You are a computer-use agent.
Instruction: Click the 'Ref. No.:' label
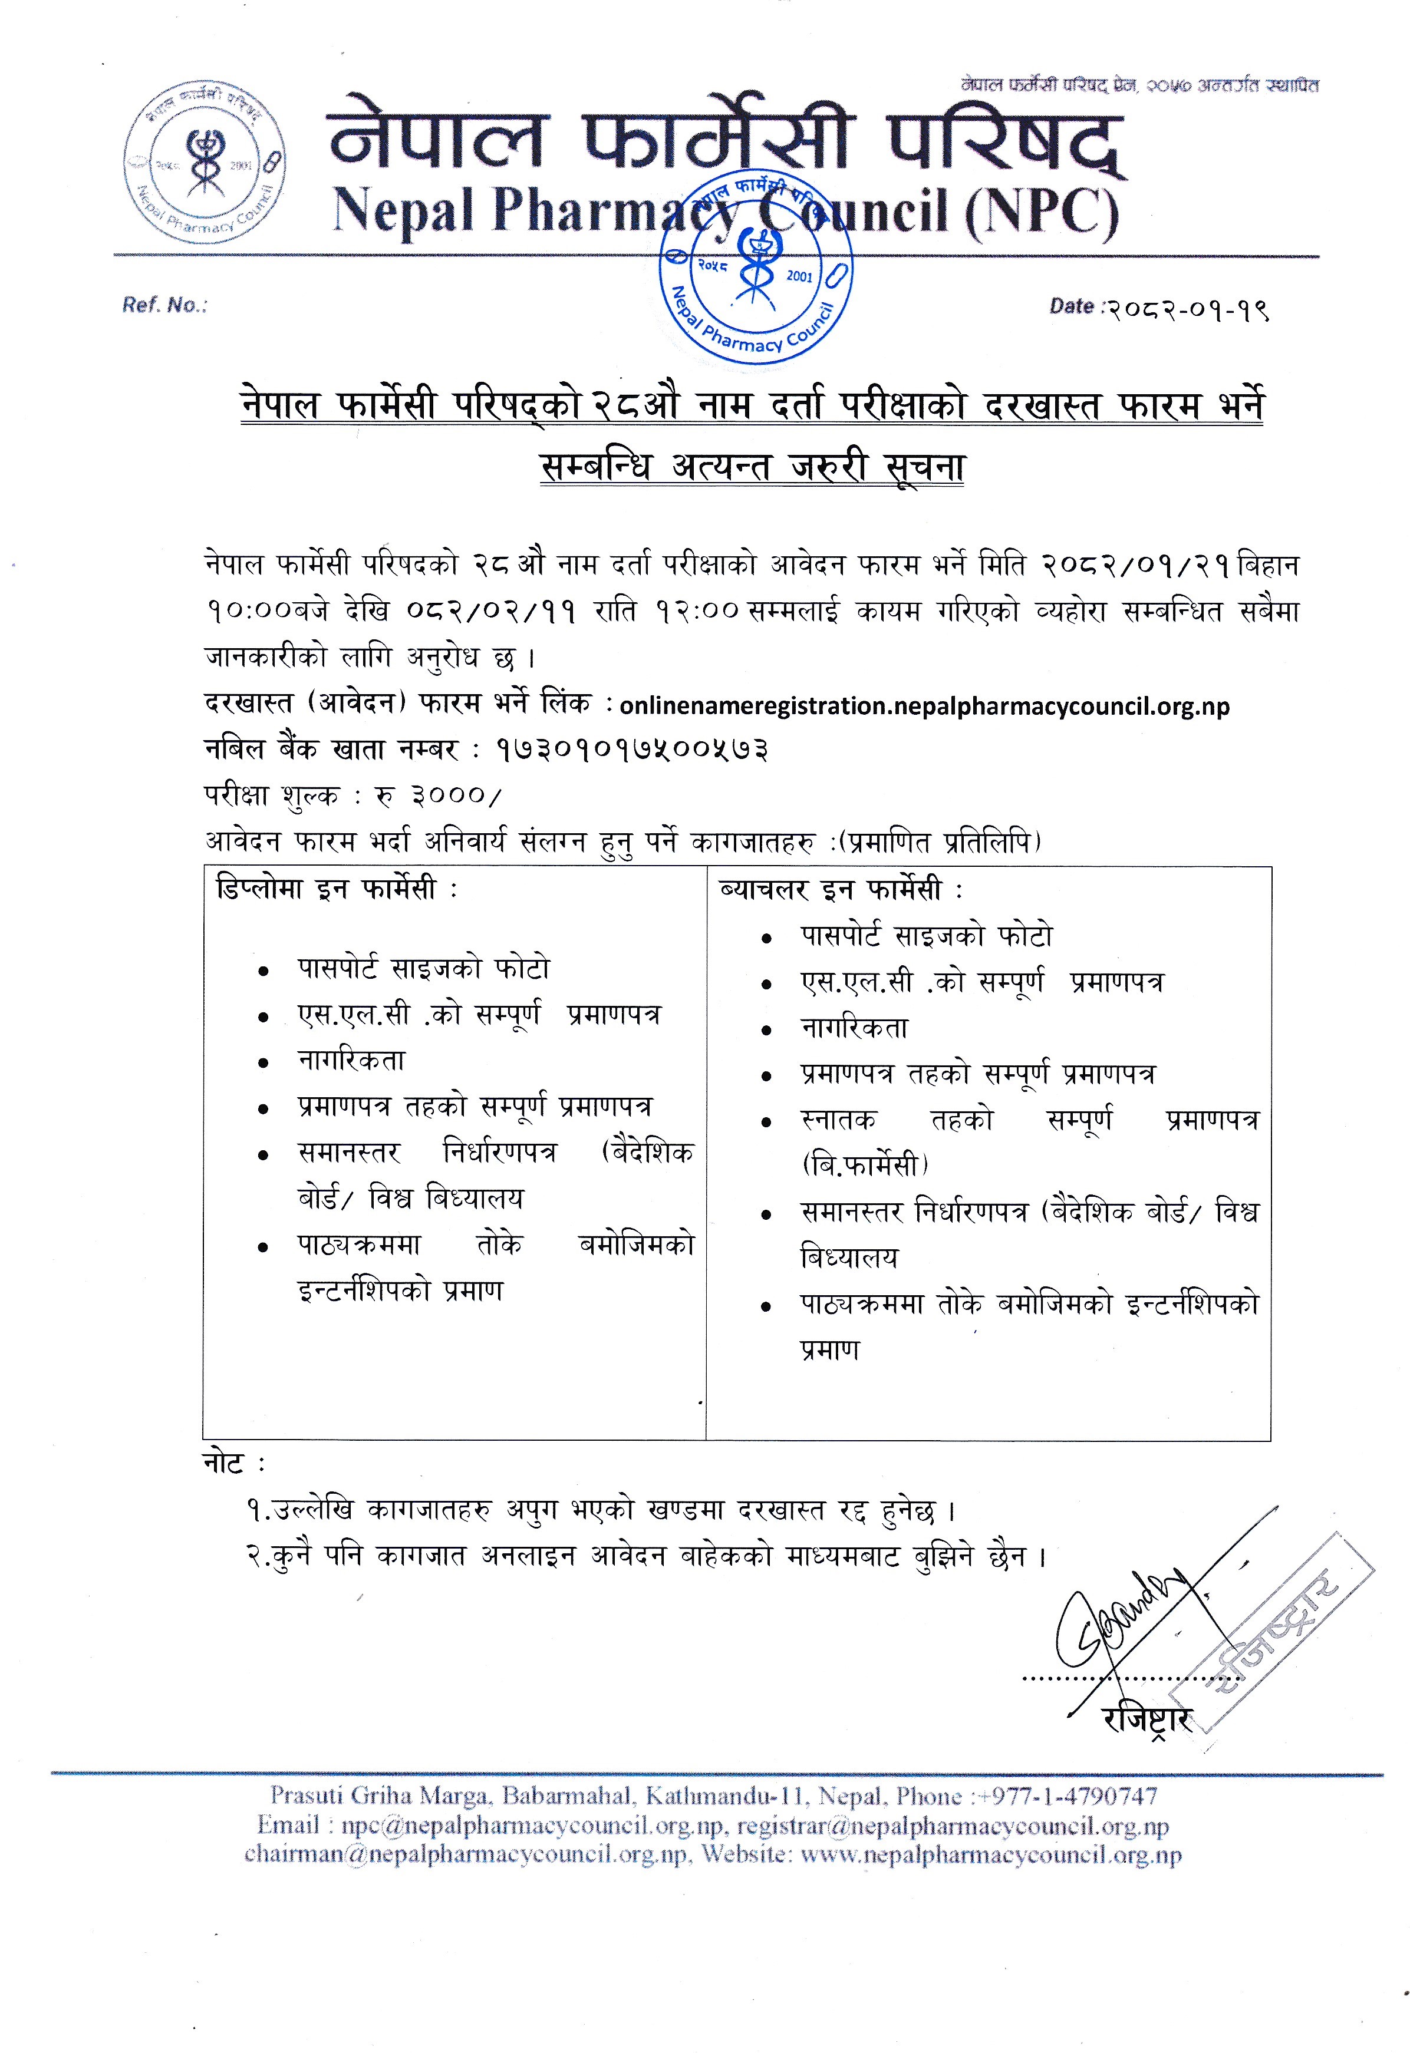165,306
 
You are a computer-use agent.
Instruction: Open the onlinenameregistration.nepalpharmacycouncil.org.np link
924,706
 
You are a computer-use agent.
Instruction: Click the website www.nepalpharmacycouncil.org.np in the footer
990,1855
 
